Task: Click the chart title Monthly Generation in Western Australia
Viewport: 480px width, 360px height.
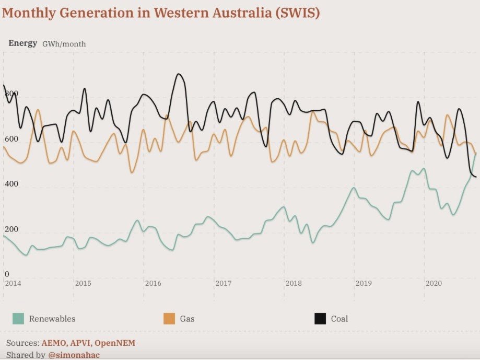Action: click(160, 13)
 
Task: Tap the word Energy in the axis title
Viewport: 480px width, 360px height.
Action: click(22, 43)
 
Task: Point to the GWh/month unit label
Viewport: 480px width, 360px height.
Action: click(64, 44)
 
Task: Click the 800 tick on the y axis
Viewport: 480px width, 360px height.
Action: click(11, 94)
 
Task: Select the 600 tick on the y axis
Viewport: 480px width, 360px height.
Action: click(11, 140)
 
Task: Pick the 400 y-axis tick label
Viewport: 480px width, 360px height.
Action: click(11, 184)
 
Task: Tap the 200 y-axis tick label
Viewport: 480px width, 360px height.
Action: click(11, 230)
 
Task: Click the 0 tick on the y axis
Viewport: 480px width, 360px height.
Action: click(7, 274)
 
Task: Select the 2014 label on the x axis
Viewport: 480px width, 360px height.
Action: click(13, 283)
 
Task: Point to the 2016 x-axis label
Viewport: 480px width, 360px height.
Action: click(153, 283)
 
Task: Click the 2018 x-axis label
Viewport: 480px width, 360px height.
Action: click(294, 283)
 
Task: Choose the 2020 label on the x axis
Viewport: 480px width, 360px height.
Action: click(434, 283)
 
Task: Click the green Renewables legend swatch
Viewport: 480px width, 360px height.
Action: click(18, 319)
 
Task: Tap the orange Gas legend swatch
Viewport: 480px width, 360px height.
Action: click(169, 319)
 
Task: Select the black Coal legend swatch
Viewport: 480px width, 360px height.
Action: click(320, 319)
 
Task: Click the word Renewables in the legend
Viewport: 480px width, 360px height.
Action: click(52, 319)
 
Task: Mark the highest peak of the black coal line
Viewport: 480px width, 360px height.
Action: click(178, 74)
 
